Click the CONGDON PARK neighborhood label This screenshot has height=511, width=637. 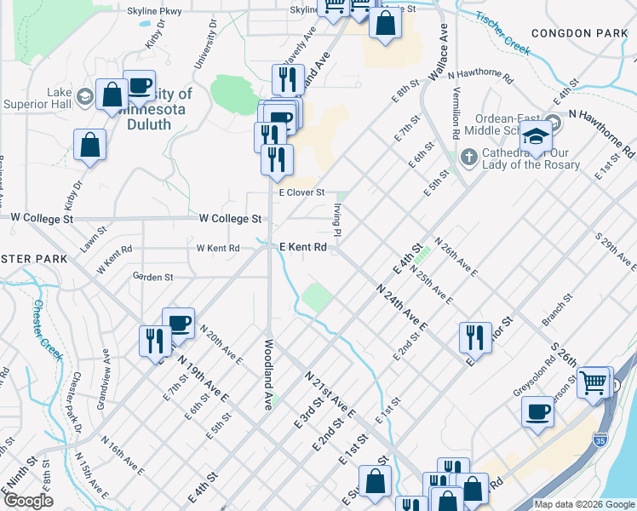click(578, 32)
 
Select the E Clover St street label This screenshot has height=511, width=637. click(302, 192)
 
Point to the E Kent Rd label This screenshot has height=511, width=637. click(304, 247)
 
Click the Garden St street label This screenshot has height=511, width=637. click(153, 277)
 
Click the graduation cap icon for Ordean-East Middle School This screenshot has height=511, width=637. click(537, 135)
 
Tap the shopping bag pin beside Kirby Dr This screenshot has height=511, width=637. click(89, 146)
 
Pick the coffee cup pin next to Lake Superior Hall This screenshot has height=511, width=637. click(140, 86)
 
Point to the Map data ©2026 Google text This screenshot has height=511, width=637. click(584, 504)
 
